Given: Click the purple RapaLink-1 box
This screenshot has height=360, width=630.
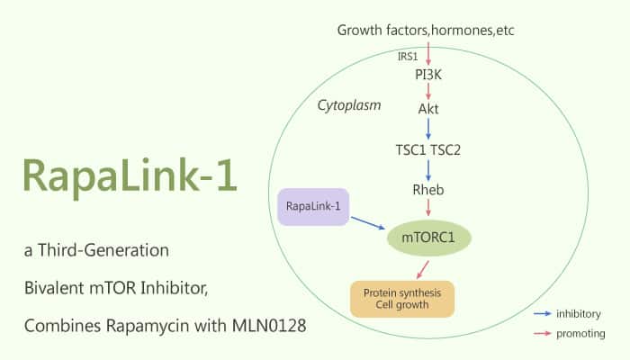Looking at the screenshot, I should click(312, 207).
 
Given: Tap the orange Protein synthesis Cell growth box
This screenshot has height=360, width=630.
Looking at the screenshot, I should click(401, 299).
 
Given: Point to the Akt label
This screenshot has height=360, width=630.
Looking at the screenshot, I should click(428, 109).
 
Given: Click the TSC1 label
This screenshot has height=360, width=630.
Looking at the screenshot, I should click(410, 148).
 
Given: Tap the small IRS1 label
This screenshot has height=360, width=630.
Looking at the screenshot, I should click(408, 56).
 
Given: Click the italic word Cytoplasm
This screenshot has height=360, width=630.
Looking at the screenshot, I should click(349, 105).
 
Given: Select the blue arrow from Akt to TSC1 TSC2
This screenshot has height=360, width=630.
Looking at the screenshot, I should click(428, 129).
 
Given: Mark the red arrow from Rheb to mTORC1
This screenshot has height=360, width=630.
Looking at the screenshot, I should click(428, 209).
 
